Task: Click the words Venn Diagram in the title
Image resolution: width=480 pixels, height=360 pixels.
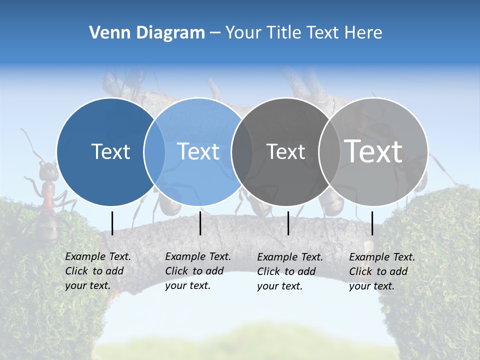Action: tap(147, 33)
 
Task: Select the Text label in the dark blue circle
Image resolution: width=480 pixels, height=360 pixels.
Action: tap(110, 151)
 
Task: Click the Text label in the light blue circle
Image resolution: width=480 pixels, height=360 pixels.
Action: tap(198, 151)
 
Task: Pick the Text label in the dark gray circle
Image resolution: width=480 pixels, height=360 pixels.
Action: tap(285, 151)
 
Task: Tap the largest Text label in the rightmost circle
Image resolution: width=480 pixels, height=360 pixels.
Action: tap(373, 151)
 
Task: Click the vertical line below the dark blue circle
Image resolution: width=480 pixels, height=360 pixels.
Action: tap(112, 223)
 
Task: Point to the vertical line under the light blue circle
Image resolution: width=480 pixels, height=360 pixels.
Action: tap(200, 223)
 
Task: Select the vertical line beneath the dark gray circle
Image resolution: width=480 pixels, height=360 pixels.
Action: tap(288, 223)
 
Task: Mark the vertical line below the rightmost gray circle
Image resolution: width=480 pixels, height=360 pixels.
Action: tap(372, 223)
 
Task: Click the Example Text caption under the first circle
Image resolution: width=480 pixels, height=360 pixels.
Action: tap(98, 256)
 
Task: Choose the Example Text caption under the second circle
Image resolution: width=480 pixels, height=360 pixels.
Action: tap(198, 256)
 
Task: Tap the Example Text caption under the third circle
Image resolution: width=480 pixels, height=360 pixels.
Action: tap(290, 257)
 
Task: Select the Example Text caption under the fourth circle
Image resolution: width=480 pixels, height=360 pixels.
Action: tap(382, 257)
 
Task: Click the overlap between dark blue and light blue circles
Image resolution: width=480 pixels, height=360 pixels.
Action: tap(154, 151)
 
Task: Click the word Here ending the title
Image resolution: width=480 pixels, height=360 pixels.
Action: tap(364, 33)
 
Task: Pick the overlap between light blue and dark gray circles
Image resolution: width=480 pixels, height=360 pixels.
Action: tap(242, 151)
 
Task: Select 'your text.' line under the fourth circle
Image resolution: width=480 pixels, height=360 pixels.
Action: tap(371, 286)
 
